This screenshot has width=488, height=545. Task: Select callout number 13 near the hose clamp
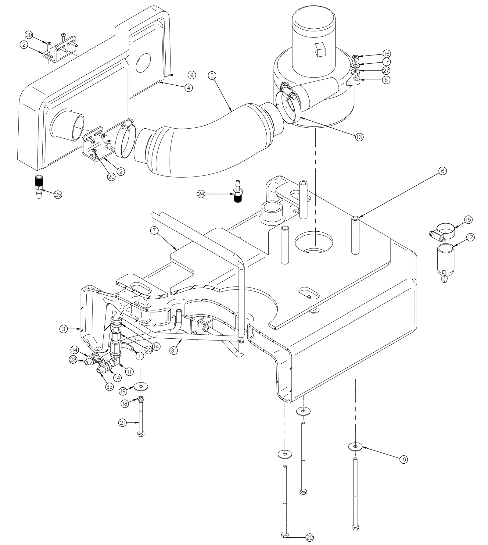coord(359,137)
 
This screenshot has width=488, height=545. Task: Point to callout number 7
coord(154,231)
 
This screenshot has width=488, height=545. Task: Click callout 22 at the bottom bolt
coord(309,537)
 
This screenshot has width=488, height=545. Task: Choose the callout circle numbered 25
coord(58,194)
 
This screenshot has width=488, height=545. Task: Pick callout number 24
coord(201,194)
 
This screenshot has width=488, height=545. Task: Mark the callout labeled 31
coord(174,351)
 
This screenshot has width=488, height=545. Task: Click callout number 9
coord(191,75)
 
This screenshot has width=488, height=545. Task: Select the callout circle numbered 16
coord(386,54)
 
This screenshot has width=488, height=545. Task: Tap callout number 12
coord(470,237)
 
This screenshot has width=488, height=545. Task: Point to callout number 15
coord(468,219)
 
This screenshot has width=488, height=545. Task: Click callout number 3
coord(63,329)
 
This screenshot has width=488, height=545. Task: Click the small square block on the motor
coord(319,50)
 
